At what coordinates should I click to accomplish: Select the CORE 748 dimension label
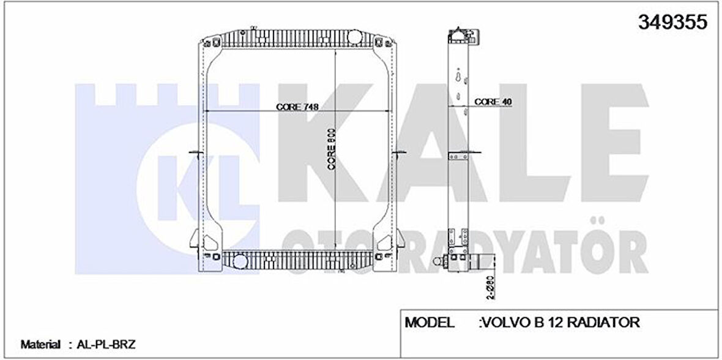pyautogui.click(x=297, y=107)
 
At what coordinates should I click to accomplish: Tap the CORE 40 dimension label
pyautogui.click(x=493, y=102)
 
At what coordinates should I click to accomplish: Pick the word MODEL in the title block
pyautogui.click(x=430, y=322)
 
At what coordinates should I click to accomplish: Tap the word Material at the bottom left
pyautogui.click(x=40, y=345)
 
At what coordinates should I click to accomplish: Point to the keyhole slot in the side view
pyautogui.click(x=458, y=78)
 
